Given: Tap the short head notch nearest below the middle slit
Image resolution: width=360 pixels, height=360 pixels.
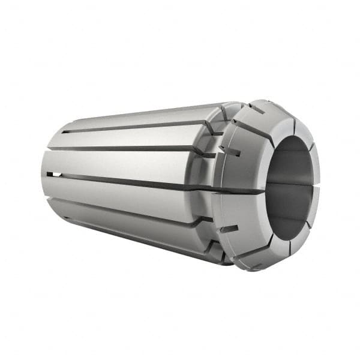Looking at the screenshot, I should [228, 229].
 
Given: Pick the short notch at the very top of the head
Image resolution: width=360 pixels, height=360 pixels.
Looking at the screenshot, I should [257, 109].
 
